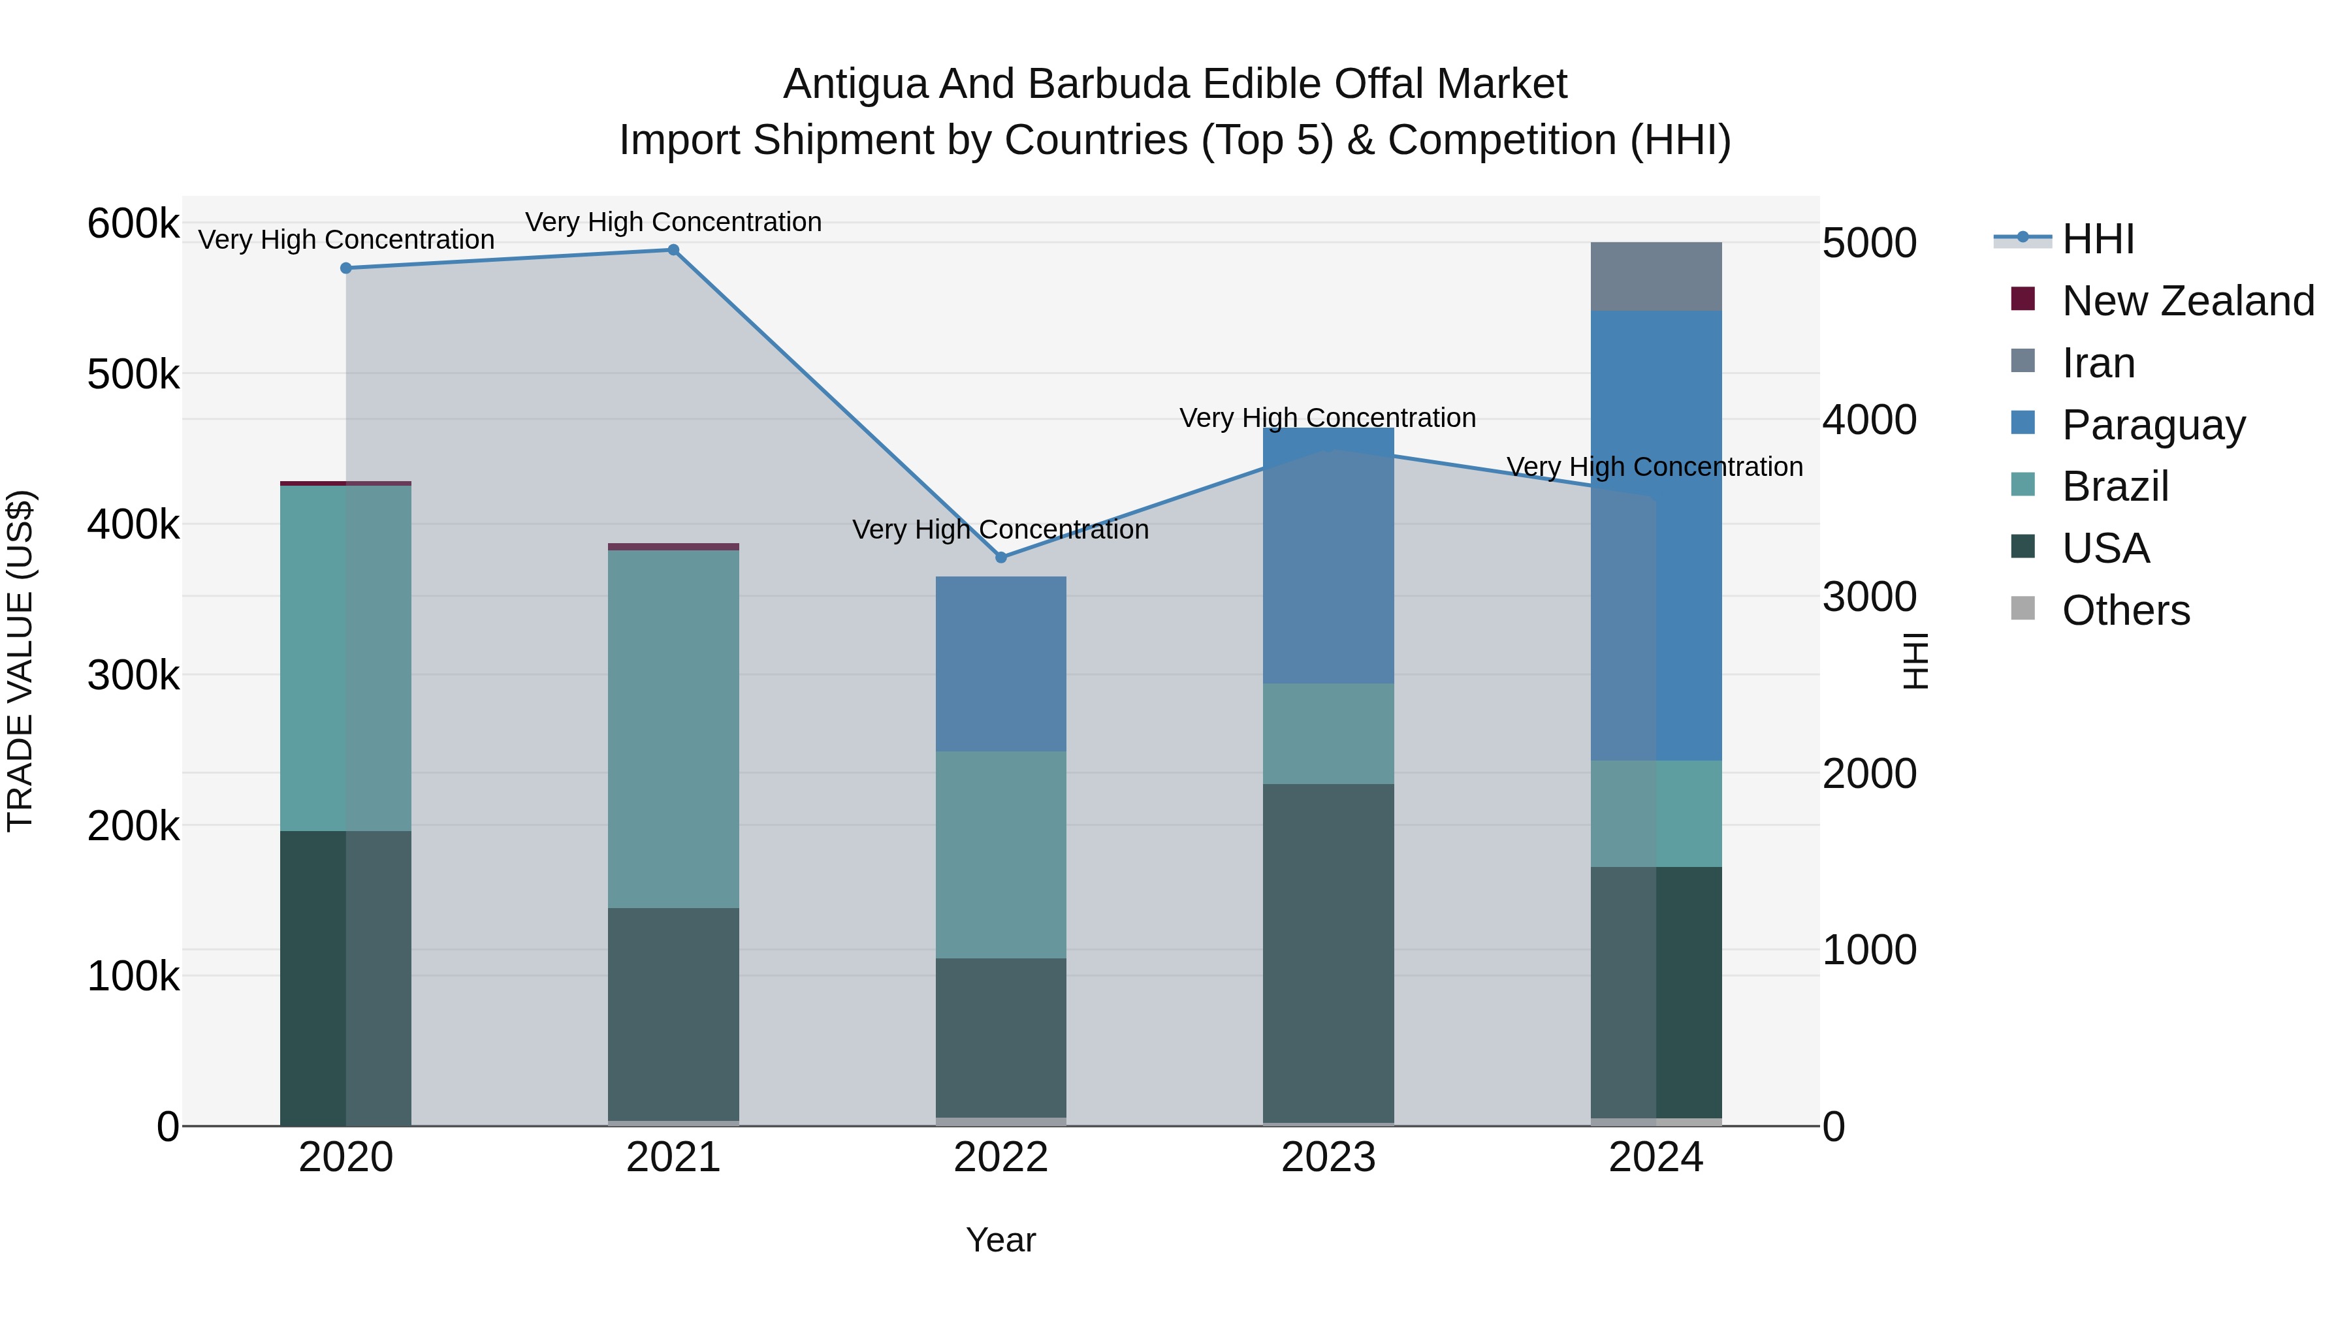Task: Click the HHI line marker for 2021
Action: (x=673, y=250)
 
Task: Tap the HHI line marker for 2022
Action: (x=1000, y=558)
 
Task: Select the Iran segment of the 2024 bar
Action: (x=1655, y=276)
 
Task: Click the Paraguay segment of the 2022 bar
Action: (x=1000, y=663)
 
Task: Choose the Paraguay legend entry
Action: (x=2153, y=425)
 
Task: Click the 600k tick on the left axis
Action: (x=133, y=223)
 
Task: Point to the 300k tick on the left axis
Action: (x=133, y=676)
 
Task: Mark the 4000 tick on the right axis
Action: (x=1869, y=420)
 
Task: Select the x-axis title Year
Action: (x=1000, y=1240)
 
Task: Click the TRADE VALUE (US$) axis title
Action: (x=20, y=661)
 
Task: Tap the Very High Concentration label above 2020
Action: (x=346, y=240)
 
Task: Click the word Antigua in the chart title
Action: (x=854, y=84)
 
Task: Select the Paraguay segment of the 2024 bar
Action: (x=1655, y=535)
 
